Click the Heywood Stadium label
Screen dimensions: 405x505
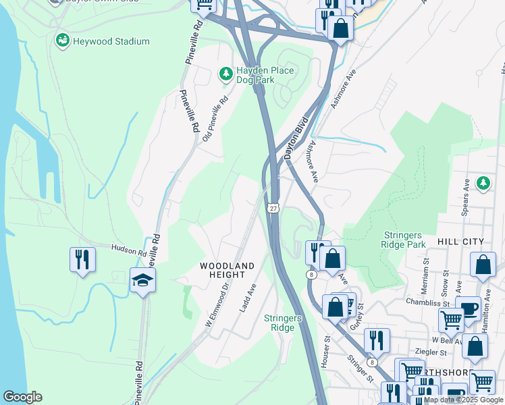click(111, 41)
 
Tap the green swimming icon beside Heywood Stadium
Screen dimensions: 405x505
click(63, 41)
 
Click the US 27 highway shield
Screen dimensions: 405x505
click(272, 208)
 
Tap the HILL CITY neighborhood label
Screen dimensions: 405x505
click(460, 242)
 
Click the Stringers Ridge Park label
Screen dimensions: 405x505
click(403, 240)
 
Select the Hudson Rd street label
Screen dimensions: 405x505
click(128, 250)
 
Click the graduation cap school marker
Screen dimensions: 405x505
click(142, 280)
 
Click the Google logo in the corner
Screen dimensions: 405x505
click(23, 397)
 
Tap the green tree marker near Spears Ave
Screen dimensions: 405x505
click(483, 182)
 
